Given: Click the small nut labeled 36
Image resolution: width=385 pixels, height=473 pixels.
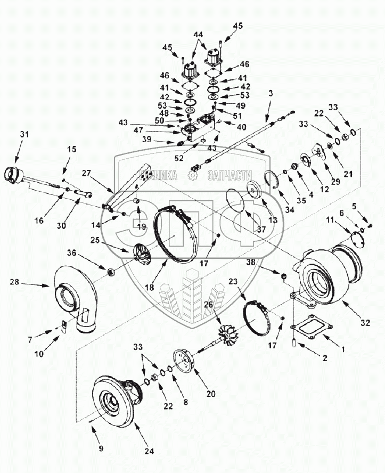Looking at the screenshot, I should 111,272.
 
